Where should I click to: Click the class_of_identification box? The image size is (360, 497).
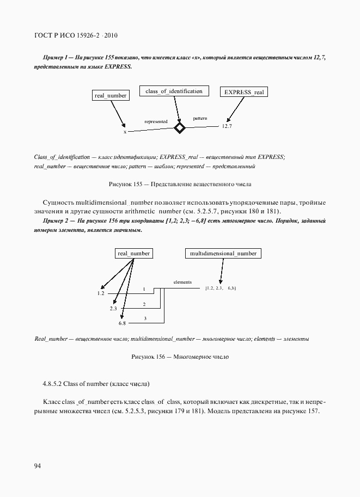pos(174,91)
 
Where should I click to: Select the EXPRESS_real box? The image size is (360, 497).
pos(244,93)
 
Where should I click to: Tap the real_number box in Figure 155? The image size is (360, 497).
pos(111,96)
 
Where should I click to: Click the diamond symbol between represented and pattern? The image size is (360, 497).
pos(179,128)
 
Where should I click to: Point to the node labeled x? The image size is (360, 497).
pos(125,132)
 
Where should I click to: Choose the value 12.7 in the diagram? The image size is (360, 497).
pos(227,126)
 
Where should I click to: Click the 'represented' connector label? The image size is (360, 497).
pos(156,121)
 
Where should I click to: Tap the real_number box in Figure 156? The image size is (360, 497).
pos(133,254)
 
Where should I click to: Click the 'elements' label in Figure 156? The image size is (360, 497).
pos(182,282)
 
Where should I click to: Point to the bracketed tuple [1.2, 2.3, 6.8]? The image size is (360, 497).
pos(221,287)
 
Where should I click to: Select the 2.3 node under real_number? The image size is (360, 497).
pos(113,309)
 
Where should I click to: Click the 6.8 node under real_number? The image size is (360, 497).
pos(122,323)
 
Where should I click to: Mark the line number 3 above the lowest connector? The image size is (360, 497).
pos(145,318)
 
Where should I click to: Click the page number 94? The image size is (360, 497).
pos(38,465)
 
